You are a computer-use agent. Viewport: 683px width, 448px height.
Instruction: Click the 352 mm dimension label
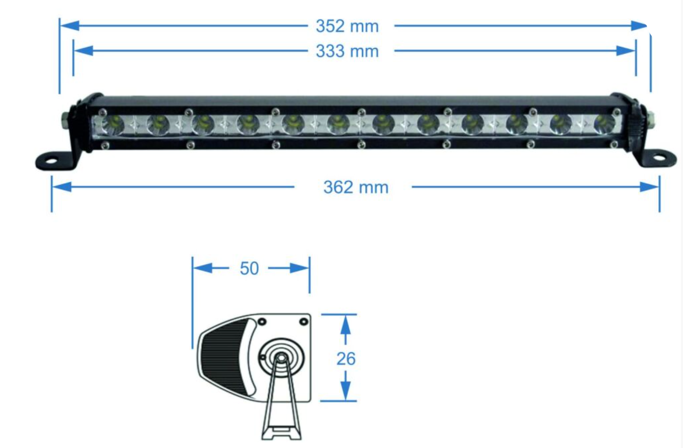click(347, 26)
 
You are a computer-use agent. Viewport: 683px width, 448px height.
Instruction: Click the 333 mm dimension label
click(347, 51)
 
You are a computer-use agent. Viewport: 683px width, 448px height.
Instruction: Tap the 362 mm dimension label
click(356, 187)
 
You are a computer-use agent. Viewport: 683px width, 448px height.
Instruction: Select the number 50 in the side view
click(249, 268)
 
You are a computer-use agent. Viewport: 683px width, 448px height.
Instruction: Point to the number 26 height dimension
click(346, 359)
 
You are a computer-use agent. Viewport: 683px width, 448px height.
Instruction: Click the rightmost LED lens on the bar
click(605, 124)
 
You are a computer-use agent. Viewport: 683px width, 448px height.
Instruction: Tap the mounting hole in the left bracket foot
click(52, 160)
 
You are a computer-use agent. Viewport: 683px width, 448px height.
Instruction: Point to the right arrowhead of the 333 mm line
click(626, 51)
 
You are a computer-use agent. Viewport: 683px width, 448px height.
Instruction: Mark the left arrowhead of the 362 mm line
click(62, 187)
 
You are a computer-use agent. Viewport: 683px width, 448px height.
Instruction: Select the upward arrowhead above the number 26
click(345, 325)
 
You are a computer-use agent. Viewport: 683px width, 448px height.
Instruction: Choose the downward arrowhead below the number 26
click(345, 391)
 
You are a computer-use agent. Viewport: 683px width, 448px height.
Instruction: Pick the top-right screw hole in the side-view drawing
click(304, 321)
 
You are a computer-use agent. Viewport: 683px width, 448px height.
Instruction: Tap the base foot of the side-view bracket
click(281, 433)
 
